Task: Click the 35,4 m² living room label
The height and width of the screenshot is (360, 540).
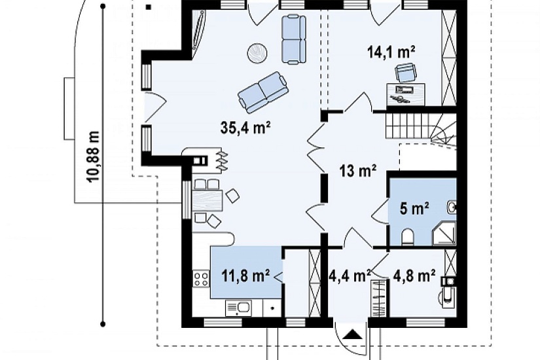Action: click(x=245, y=128)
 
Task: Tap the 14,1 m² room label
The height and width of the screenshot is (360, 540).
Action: click(x=391, y=53)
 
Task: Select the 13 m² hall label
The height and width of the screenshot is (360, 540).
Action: click(x=357, y=170)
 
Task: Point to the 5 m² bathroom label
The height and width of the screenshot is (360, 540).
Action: click(x=414, y=208)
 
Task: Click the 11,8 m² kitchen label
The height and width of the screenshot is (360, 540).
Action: click(x=245, y=276)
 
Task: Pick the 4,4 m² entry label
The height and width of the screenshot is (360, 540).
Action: click(x=349, y=276)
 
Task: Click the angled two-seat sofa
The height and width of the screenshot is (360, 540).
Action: click(x=262, y=92)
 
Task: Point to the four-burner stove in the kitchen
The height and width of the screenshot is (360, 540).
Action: click(x=201, y=279)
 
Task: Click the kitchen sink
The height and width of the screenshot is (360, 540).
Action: click(x=238, y=308)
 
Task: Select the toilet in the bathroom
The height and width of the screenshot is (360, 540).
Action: click(x=407, y=238)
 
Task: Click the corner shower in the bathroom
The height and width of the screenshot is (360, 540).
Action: click(x=444, y=234)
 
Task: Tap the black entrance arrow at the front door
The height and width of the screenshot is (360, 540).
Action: click(x=351, y=334)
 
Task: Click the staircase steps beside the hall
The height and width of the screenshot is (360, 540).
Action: click(x=420, y=127)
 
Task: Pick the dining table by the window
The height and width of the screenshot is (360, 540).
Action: click(x=207, y=200)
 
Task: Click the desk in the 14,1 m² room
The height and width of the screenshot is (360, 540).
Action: click(x=406, y=94)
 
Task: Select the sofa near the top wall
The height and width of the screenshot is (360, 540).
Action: click(x=294, y=39)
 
